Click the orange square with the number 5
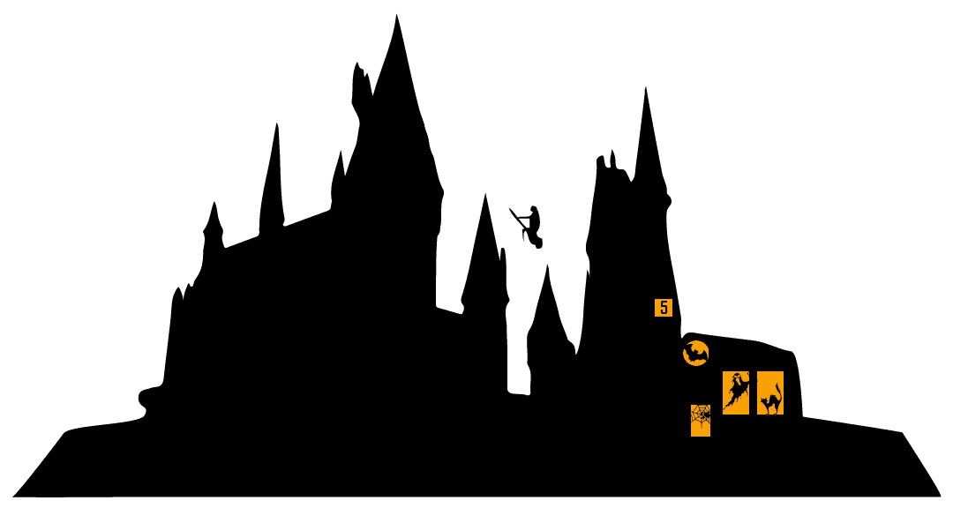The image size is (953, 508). point(664,308)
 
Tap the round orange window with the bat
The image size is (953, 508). point(696,354)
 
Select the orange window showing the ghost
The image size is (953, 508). point(736,393)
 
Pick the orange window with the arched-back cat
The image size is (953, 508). point(770,393)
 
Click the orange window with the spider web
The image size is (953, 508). point(701,421)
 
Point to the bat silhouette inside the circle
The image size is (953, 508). point(696,354)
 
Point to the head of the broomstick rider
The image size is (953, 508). point(534,210)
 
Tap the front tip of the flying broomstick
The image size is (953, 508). point(510,209)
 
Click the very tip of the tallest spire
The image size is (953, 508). point(396,15)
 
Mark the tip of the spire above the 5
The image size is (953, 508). point(645,88)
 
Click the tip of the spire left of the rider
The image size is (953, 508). point(485,194)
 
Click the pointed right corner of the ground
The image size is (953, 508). point(941,496)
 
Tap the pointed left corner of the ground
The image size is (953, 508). point(13,496)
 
